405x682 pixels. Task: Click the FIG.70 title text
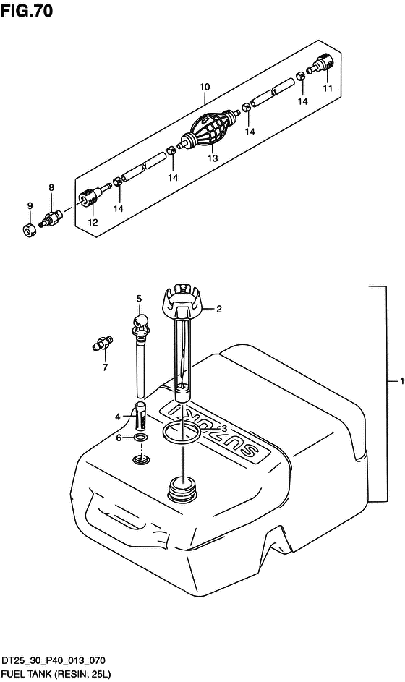pos(27,9)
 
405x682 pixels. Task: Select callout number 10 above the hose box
pos(205,87)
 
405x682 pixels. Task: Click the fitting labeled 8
pos(50,218)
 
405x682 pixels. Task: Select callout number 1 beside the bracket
pos(402,380)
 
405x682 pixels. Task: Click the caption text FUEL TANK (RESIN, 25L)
pos(56,675)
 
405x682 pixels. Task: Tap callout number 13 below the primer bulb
pos(213,159)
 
